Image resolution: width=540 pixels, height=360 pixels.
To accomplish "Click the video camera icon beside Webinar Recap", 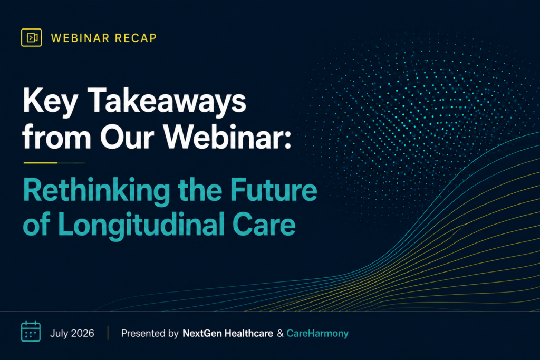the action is (x=31, y=37).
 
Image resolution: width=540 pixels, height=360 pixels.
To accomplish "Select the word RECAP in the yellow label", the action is (x=136, y=38).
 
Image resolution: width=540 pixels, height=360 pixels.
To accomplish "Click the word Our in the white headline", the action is (x=127, y=137).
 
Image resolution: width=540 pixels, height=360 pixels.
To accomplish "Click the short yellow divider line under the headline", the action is (x=40, y=163).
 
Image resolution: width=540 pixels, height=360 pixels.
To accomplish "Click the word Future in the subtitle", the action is (x=274, y=190).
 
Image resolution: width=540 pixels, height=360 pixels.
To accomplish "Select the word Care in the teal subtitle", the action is (x=264, y=225).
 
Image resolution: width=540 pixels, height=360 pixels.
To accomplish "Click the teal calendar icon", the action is (x=31, y=332).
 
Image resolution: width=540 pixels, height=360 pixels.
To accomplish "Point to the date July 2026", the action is (x=72, y=333).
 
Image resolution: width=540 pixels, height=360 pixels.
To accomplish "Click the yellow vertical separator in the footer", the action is (x=108, y=333).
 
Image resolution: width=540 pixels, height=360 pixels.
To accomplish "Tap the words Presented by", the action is (x=150, y=334).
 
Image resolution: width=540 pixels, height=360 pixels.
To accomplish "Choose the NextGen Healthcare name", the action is (x=228, y=333).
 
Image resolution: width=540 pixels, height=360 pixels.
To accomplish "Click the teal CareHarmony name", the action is (x=317, y=334).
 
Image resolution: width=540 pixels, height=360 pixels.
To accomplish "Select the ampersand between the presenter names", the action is (x=280, y=333).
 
